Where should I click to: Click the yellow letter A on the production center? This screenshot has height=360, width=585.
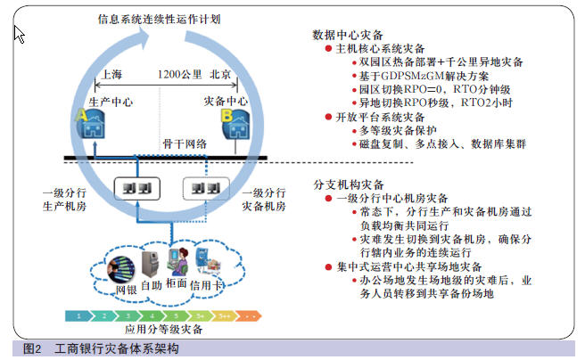click(81, 115)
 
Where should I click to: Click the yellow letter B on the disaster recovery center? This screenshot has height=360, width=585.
click(227, 116)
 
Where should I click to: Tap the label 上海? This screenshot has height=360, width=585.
click(111, 75)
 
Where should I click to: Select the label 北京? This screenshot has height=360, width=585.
click(220, 75)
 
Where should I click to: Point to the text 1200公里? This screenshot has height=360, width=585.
click(180, 75)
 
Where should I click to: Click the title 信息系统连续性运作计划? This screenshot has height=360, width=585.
click(160, 19)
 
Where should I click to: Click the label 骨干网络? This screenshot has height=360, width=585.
click(185, 143)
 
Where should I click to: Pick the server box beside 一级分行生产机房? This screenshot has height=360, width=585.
click(137, 189)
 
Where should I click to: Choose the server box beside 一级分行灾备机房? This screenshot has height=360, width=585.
click(206, 189)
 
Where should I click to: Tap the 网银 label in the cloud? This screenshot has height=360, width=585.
click(126, 290)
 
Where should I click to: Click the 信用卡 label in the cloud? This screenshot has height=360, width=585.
click(206, 285)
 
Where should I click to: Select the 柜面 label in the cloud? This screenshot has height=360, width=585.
click(177, 283)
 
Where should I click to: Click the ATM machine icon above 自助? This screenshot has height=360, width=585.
click(150, 265)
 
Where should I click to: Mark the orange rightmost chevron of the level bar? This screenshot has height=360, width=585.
click(249, 316)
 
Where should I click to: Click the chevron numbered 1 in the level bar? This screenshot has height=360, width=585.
click(78, 316)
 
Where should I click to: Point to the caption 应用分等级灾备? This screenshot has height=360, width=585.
click(163, 329)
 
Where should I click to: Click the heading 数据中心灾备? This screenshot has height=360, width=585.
click(348, 35)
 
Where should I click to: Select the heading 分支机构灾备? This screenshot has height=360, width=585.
click(349, 184)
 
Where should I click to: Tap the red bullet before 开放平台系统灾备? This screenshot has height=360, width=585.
click(328, 117)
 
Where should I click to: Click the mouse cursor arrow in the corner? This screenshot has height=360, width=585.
click(19, 34)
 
